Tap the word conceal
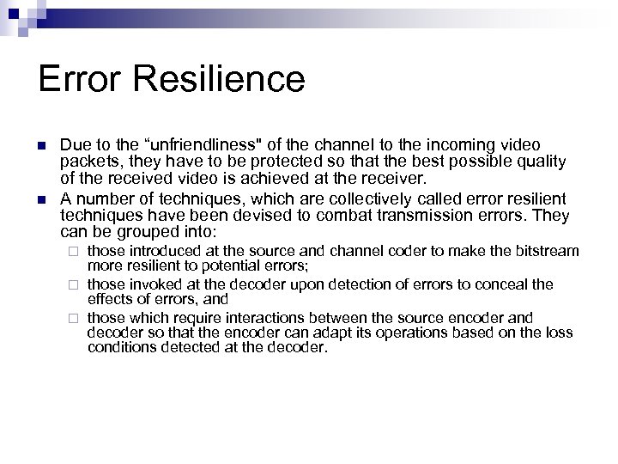[x=506, y=284]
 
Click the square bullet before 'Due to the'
[x=44, y=146]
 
